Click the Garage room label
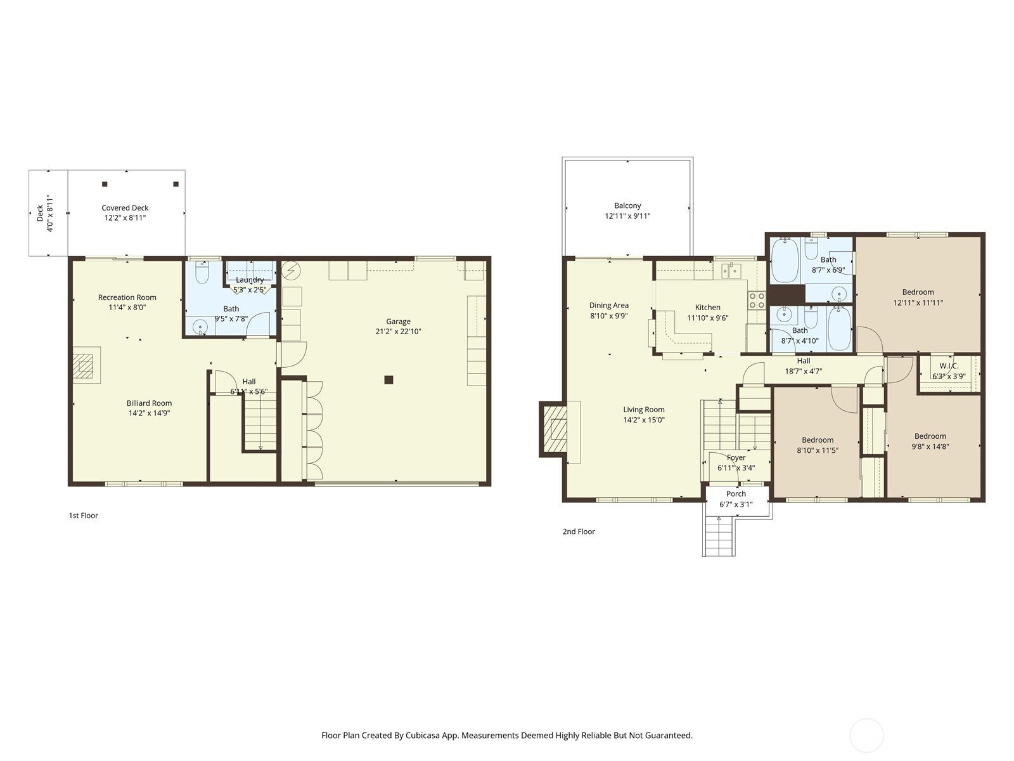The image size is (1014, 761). tap(398, 322)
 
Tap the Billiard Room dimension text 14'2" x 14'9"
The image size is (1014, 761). tap(149, 413)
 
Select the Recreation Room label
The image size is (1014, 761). tap(127, 297)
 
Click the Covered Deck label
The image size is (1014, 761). tap(125, 208)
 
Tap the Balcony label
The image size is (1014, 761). tap(627, 205)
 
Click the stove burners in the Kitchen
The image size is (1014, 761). tap(757, 300)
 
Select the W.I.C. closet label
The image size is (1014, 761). tap(949, 366)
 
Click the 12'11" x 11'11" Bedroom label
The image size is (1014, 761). tap(918, 292)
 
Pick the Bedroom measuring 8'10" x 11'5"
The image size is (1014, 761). tap(817, 440)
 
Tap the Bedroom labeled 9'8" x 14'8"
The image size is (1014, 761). tap(930, 436)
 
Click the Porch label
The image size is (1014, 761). tap(736, 494)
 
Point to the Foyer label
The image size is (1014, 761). tap(736, 458)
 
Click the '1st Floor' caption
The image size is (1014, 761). tap(84, 516)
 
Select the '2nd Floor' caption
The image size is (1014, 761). tap(579, 531)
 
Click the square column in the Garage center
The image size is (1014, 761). tap(389, 380)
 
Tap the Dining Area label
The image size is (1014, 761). tap(608, 306)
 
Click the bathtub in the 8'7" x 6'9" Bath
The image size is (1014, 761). tap(784, 260)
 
